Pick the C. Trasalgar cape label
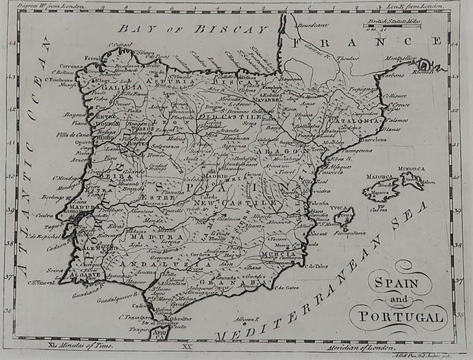pos(135,318)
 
